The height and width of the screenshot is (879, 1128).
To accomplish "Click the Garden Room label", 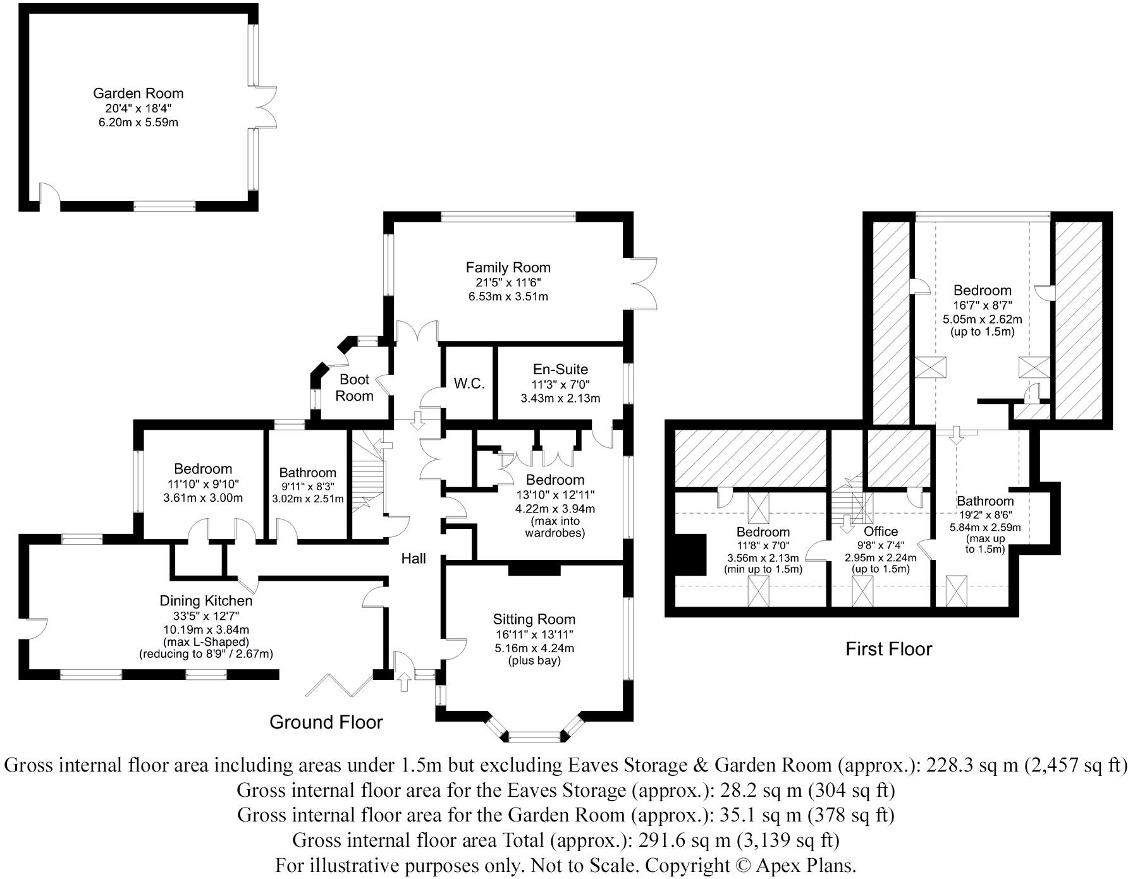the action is click(138, 94).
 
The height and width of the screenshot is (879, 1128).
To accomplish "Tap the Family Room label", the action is click(508, 267).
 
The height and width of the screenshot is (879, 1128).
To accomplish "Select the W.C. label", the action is click(469, 384).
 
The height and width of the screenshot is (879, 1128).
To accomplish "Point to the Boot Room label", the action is click(354, 387).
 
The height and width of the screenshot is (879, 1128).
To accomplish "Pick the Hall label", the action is click(414, 558).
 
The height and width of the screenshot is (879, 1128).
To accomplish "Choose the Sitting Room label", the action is click(534, 619).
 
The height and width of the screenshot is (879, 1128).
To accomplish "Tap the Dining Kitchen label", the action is click(206, 601).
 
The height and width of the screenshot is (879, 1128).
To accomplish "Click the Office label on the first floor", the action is click(881, 531).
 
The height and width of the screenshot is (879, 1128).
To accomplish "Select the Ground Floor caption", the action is click(326, 722).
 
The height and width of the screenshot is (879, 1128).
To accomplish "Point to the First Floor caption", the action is click(889, 649).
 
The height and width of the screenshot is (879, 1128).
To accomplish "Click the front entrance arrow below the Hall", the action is click(404, 682).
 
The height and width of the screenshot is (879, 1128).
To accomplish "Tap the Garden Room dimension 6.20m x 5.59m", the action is click(138, 122).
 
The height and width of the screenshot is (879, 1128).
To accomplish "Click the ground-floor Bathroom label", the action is click(308, 473).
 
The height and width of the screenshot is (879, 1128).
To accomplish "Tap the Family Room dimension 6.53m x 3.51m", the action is click(508, 296).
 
